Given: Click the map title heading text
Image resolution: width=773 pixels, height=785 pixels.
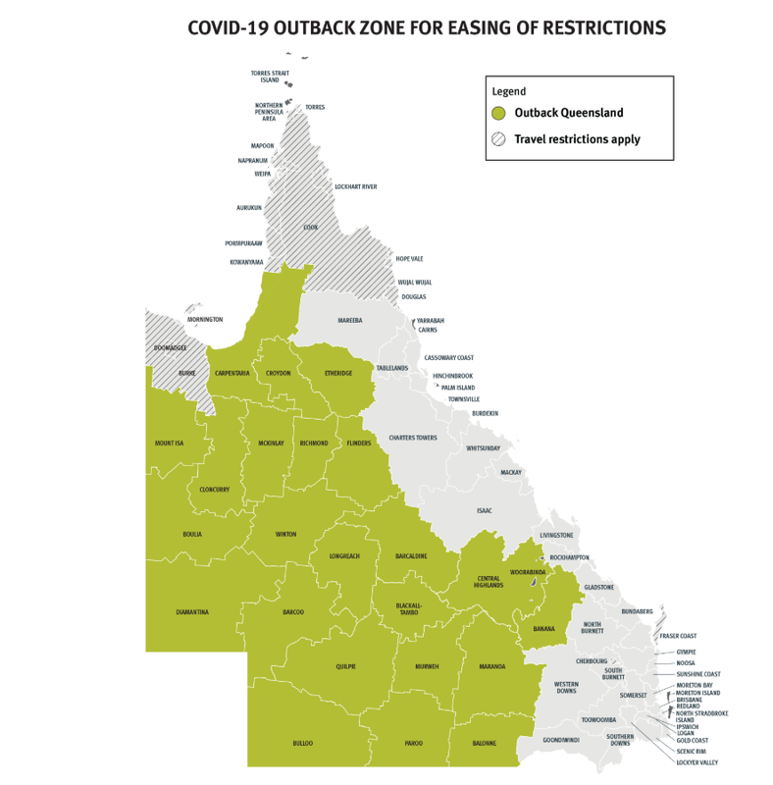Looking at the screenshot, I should pyautogui.click(x=427, y=27).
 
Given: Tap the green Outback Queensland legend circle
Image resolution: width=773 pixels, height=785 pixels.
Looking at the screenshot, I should pyautogui.click(x=498, y=113).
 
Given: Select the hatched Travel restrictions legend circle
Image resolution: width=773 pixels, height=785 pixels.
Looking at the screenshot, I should pyautogui.click(x=498, y=139).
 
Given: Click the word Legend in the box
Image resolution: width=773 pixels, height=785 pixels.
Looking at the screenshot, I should pyautogui.click(x=509, y=91).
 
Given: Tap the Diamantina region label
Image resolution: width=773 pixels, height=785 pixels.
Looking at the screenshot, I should pyautogui.click(x=192, y=612).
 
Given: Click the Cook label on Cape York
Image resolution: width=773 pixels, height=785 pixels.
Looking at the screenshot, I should pyautogui.click(x=310, y=227).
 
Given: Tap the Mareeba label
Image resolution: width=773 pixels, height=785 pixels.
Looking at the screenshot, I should pyautogui.click(x=350, y=321).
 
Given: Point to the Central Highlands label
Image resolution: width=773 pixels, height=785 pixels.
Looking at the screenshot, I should pyautogui.click(x=489, y=582).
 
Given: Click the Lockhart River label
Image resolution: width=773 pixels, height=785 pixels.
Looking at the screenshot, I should pyautogui.click(x=355, y=186).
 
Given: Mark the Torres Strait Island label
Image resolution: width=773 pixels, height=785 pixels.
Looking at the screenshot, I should pyautogui.click(x=269, y=77).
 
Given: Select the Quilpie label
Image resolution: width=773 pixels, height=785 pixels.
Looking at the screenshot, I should pyautogui.click(x=344, y=666).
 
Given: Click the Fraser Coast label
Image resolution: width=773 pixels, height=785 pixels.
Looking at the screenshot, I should pyautogui.click(x=678, y=636).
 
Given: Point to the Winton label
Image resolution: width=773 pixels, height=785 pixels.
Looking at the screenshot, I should pyautogui.click(x=285, y=535).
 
